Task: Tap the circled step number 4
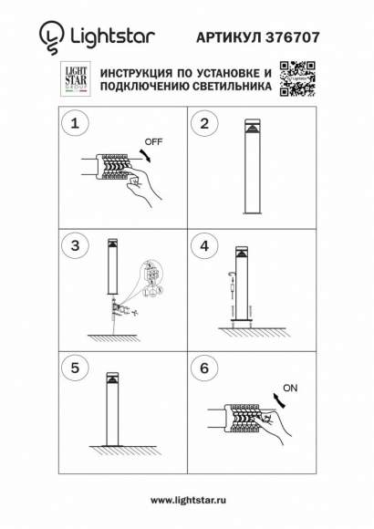click(204, 246)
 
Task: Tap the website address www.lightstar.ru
click(187, 501)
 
